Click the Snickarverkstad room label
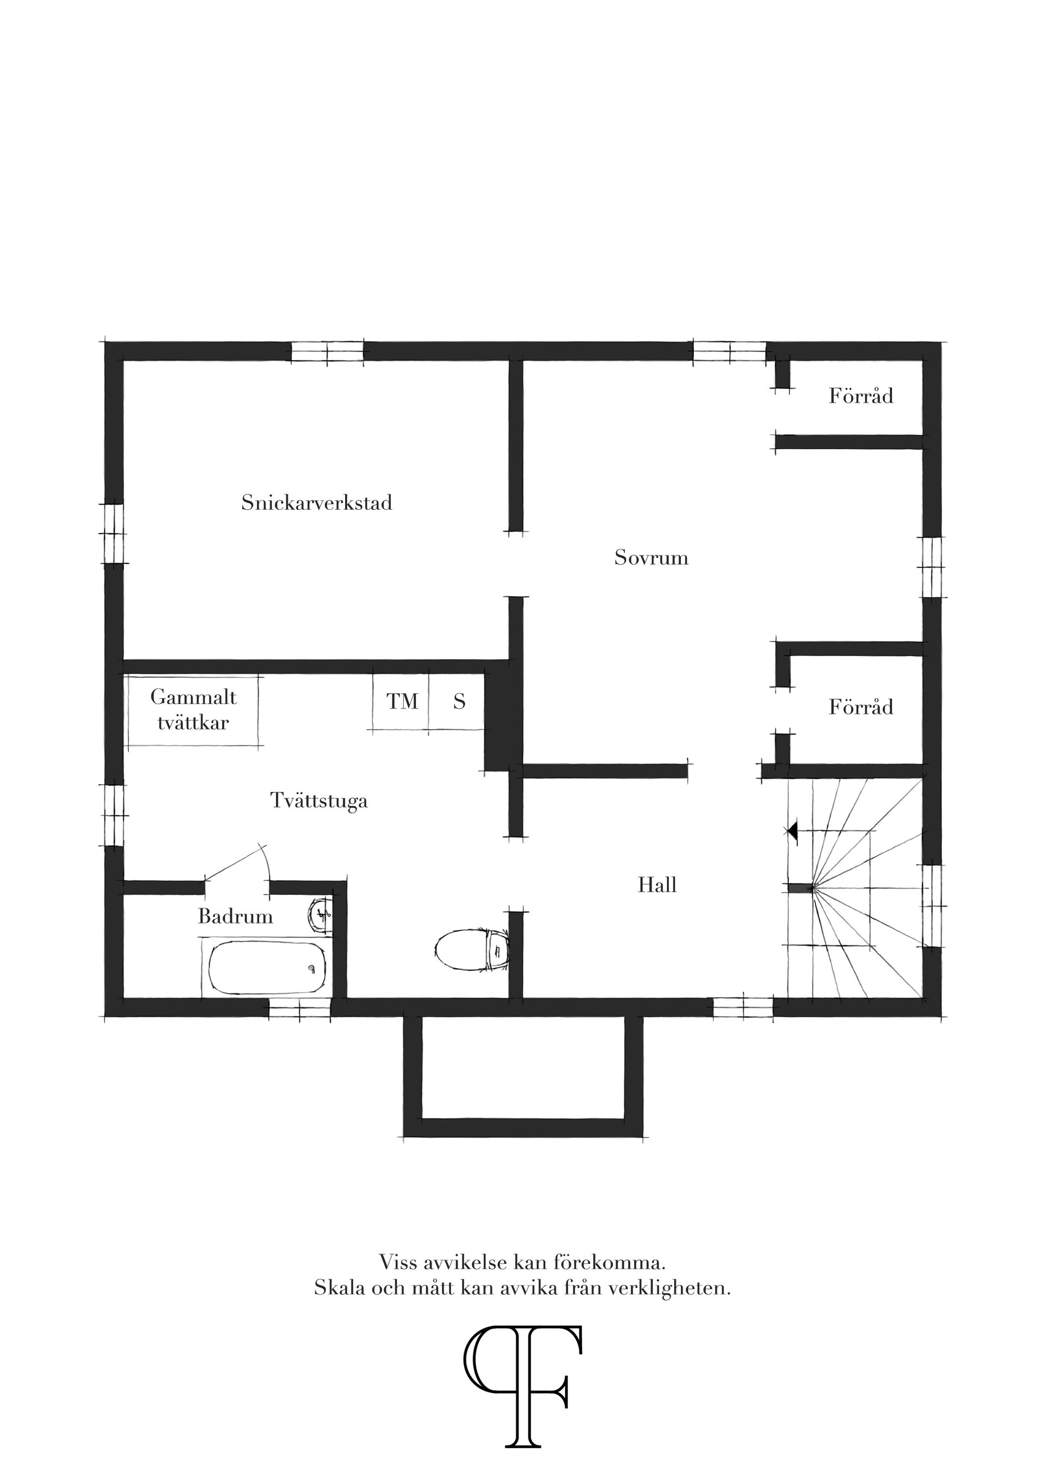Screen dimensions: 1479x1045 click(x=317, y=503)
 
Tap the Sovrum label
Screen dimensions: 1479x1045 click(x=651, y=557)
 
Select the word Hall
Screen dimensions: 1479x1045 click(x=657, y=885)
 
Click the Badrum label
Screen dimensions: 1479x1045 click(x=235, y=916)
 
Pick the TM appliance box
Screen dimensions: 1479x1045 click(x=401, y=701)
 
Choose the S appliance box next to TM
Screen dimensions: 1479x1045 click(x=458, y=701)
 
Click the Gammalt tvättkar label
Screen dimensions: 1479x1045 click(x=193, y=709)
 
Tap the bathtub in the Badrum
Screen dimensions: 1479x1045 click(x=267, y=968)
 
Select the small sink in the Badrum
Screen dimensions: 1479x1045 click(x=320, y=914)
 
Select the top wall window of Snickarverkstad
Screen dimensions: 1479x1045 click(x=327, y=352)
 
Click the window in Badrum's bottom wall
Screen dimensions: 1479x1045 click(x=300, y=1007)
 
